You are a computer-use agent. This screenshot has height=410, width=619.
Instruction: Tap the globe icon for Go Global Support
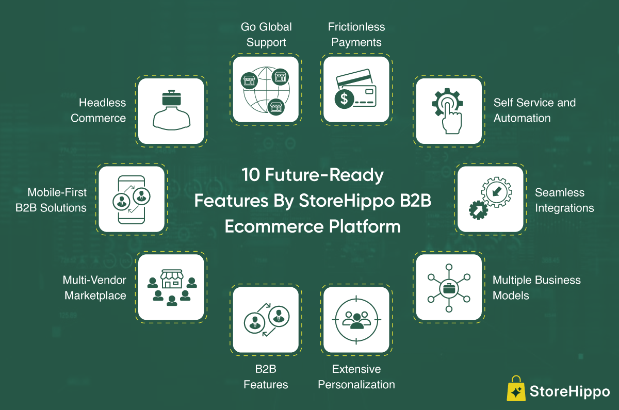tap(266, 90)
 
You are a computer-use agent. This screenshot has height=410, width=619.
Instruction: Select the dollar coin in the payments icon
tap(344, 98)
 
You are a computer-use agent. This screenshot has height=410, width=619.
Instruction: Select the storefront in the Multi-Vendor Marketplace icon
tap(172, 280)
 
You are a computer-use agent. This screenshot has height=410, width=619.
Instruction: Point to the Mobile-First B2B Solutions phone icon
tap(131, 199)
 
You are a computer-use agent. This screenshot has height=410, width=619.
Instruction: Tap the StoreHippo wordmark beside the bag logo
tap(569, 391)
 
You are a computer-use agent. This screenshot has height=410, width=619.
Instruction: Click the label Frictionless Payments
tap(356, 34)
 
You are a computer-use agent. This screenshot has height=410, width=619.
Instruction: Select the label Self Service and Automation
tap(534, 110)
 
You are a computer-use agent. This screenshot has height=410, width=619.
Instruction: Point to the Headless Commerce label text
tap(98, 110)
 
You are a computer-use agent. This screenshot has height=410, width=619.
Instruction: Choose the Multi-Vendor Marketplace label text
tap(94, 287)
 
